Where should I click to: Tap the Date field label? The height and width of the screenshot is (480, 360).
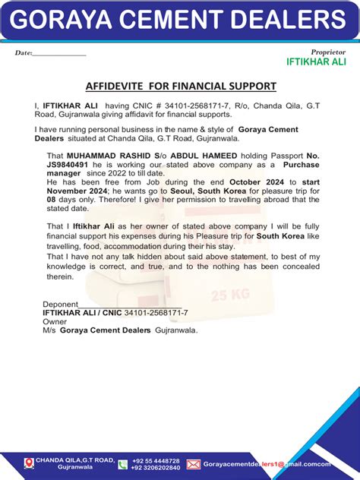pos(24,53)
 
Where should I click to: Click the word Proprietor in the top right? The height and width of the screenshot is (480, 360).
pos(328,52)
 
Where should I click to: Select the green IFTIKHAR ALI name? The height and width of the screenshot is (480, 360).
pos(316,62)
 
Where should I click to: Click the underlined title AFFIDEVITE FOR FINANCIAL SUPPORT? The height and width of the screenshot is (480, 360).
pos(180,87)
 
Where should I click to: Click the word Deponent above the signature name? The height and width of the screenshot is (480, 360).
pos(60,304)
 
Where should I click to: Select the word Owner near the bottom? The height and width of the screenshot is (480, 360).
pos(54,321)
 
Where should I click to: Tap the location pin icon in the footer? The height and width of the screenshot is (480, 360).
pos(29,463)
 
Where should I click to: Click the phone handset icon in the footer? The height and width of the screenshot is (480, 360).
pos(122,464)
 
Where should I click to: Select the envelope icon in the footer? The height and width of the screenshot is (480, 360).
pos(193,464)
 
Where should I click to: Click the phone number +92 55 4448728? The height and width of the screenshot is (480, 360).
pos(156,460)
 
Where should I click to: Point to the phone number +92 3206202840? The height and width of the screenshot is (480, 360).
pos(156,468)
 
